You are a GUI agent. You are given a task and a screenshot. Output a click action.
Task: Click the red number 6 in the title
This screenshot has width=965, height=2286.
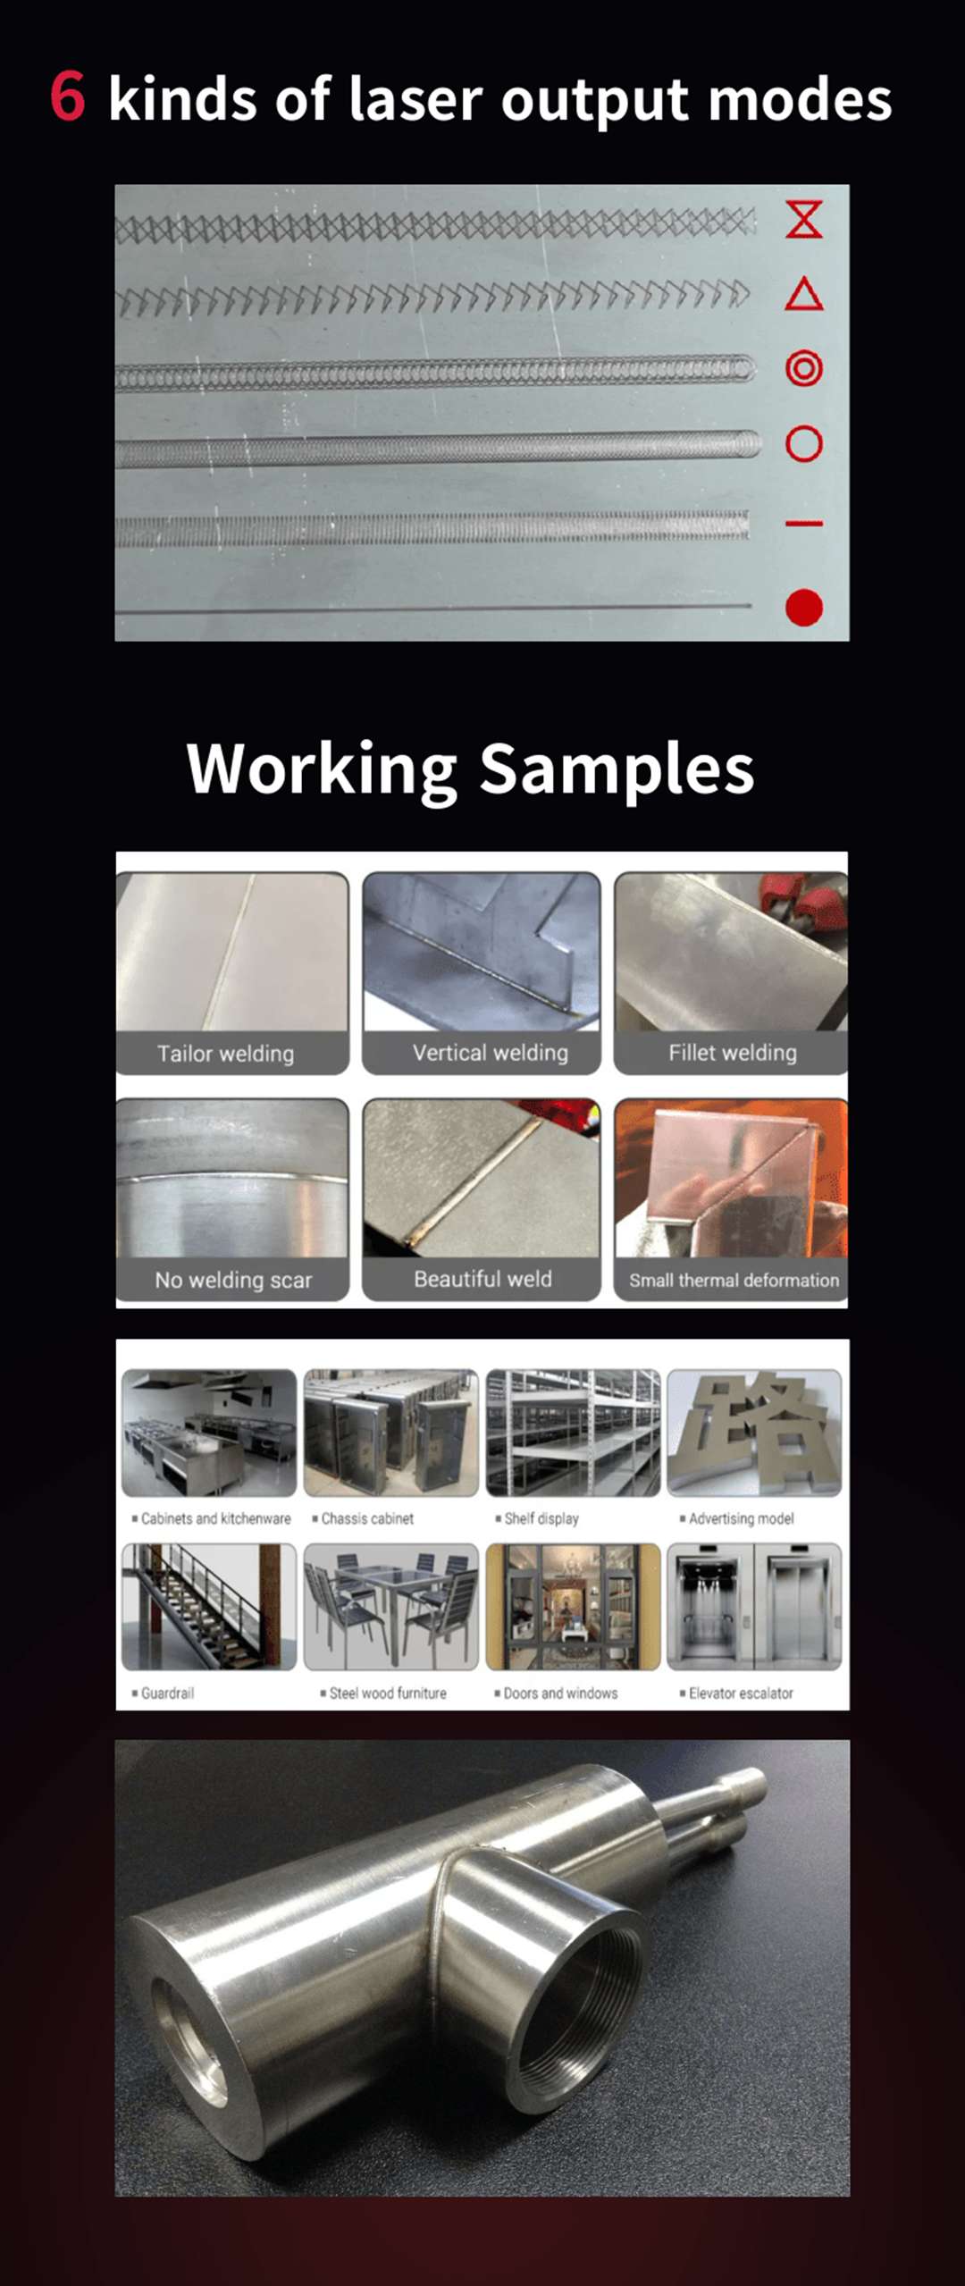coord(68,97)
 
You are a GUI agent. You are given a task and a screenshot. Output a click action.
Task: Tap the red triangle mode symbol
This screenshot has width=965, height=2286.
coord(803,294)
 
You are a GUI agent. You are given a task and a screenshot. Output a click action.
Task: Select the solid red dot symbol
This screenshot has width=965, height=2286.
coord(803,608)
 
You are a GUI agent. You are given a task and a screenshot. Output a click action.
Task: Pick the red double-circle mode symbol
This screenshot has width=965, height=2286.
coord(803,368)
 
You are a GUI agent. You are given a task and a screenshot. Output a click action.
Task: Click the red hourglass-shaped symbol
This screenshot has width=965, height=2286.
coord(803,219)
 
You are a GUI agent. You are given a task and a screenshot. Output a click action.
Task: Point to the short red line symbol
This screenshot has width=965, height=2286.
coord(803,523)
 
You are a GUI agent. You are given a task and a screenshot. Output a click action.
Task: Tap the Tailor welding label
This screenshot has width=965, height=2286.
coord(225,1054)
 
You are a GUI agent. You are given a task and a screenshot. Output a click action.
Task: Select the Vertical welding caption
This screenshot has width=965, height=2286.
coord(490,1053)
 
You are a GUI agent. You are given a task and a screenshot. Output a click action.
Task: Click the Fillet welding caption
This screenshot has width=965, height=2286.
coord(732,1053)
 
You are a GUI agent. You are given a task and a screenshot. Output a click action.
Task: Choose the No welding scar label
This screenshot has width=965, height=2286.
coord(233,1280)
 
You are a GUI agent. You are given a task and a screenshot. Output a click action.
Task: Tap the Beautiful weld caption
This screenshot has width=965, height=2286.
coord(482,1279)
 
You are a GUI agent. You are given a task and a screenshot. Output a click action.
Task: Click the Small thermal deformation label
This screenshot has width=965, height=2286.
coord(734,1280)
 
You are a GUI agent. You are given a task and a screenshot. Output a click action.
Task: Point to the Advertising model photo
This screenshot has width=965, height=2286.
coord(754,1433)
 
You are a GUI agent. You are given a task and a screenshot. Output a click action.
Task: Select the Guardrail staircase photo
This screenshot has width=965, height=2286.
coord(209,1607)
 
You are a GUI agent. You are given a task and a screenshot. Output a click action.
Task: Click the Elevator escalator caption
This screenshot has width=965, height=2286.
coord(741,1693)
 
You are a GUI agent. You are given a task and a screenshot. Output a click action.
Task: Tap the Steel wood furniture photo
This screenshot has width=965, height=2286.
coord(391,1607)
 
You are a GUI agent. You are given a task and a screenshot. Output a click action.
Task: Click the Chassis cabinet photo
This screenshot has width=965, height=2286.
coord(391,1433)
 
